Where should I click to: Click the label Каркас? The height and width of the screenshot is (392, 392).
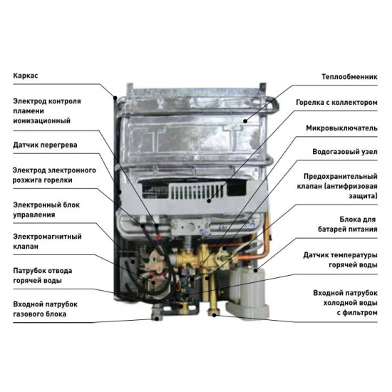26,76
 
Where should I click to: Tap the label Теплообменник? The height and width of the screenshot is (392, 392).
349,77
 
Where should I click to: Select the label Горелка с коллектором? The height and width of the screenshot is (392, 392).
336,103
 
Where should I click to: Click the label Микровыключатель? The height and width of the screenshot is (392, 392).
341,128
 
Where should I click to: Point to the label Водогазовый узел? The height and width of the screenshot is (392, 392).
345,152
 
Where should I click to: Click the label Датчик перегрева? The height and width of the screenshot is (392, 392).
45,145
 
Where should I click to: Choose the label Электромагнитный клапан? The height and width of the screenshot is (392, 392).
47,241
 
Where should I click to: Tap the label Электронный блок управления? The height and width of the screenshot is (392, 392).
46,210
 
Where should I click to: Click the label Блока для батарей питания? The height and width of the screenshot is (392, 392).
348,225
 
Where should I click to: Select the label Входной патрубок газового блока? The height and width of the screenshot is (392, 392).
45,309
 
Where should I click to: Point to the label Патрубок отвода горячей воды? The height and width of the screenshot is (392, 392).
43,276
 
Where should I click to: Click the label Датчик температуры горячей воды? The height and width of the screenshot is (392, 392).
340,260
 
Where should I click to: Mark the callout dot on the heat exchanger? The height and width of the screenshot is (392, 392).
245,121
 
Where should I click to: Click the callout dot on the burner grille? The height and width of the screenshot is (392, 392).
209,200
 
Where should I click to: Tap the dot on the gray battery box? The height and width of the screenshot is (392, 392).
255,270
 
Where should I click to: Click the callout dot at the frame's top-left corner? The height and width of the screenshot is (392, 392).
115,98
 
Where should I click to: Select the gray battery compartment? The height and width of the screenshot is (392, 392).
247,292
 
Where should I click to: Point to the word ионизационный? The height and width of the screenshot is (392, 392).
42,121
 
